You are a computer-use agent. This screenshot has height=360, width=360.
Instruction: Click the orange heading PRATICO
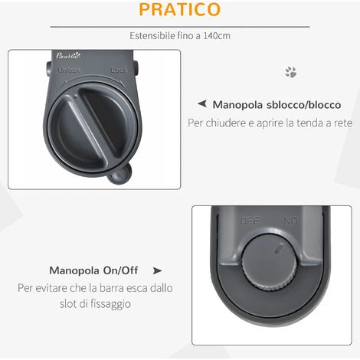coord(180,9)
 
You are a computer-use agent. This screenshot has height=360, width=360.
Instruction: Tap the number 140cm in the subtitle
coord(217,35)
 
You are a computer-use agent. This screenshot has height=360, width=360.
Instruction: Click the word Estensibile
coord(152,35)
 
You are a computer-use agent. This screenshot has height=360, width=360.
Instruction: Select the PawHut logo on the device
coord(68,55)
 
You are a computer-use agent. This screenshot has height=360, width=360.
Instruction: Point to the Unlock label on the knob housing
coord(69,70)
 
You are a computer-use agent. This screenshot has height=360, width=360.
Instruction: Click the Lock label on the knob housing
coord(119,70)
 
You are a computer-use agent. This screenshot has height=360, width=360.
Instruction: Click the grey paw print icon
coord(291,72)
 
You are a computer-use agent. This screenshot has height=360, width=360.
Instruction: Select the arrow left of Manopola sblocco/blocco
coord(202,103)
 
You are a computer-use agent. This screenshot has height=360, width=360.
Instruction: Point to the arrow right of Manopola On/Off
coord(157,270)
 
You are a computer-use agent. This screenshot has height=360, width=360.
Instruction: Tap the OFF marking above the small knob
coord(250,221)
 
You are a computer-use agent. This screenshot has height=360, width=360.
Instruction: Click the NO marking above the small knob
coord(290,221)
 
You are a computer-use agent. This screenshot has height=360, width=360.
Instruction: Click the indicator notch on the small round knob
coord(279,248)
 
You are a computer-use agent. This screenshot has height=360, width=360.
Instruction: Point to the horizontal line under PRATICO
coord(180,27)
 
